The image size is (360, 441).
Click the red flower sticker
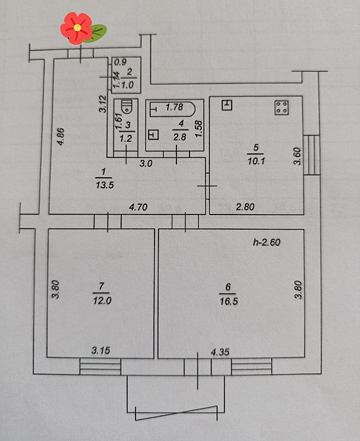click(76, 28)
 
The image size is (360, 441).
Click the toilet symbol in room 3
click(127, 107)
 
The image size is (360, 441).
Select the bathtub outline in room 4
click(172, 109)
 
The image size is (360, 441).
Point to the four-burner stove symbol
click(282, 108)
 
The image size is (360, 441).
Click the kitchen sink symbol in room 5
click(227, 105)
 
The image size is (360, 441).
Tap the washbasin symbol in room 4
click(153, 135)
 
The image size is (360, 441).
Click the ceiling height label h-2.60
click(267, 242)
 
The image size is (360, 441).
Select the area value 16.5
click(228, 301)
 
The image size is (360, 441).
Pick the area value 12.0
click(102, 301)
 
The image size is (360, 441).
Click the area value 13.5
click(105, 185)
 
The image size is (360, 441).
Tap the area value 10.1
click(256, 161)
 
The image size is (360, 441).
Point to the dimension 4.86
click(61, 137)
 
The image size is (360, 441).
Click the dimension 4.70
click(138, 207)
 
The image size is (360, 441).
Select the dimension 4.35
click(220, 352)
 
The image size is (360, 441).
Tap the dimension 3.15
click(101, 350)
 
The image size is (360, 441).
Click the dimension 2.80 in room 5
click(245, 207)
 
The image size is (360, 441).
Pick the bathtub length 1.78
click(174, 107)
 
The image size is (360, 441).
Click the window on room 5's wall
click(311, 155)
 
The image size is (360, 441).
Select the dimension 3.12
click(103, 104)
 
